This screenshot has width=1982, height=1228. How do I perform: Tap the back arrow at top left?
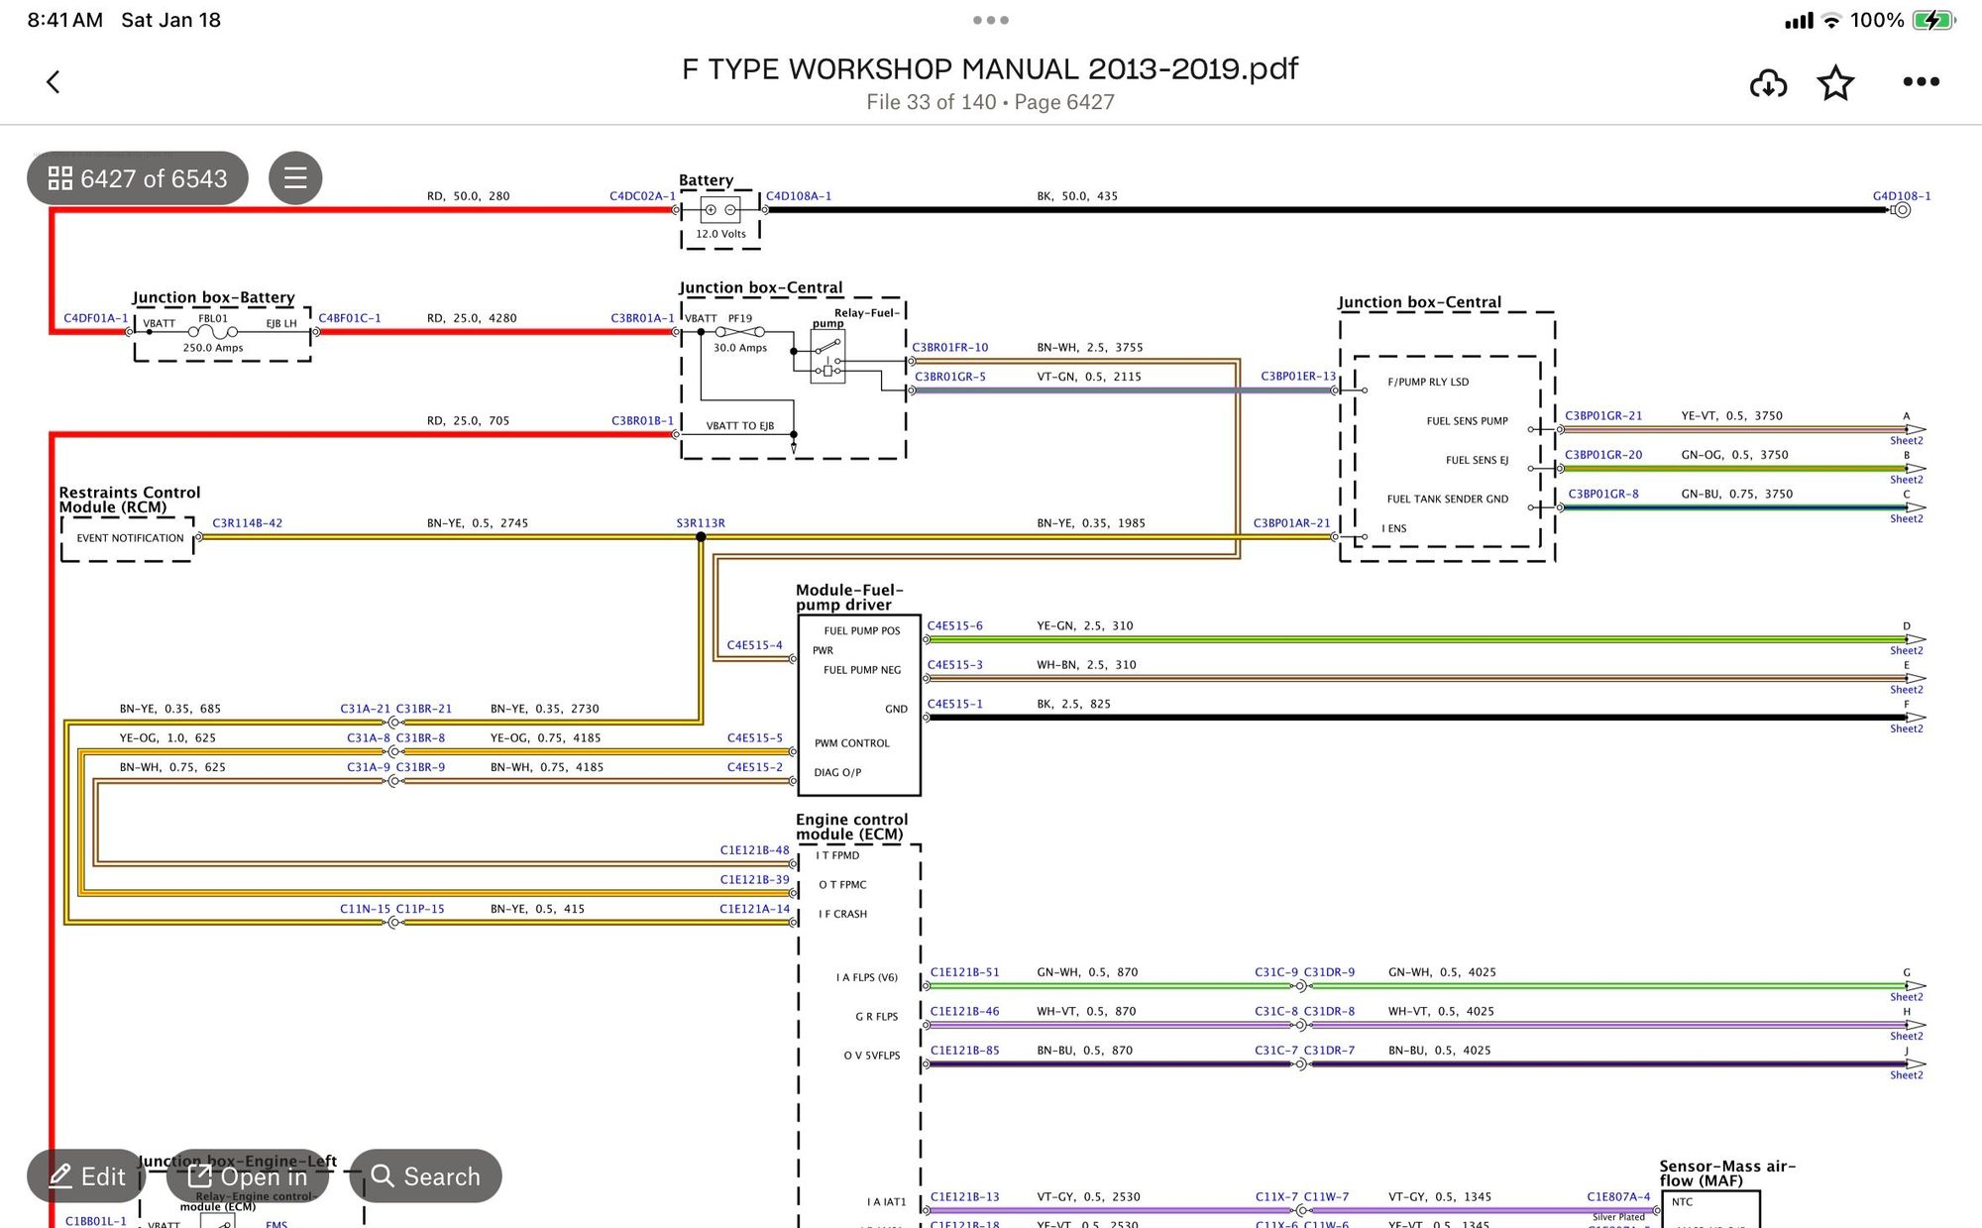pos(54,82)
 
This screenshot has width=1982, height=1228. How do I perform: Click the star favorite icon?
pos(1835,83)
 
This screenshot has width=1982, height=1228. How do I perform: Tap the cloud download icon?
pos(1768,83)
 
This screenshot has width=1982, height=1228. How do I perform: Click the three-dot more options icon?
pos(1921,82)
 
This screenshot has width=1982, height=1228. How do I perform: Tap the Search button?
pos(425,1176)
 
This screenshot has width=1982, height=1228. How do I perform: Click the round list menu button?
pos(295,178)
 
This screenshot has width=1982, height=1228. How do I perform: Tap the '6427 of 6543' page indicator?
pos(138,178)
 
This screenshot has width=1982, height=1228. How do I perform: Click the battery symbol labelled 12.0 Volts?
pos(720,210)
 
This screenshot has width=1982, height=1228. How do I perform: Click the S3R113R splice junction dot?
pos(701,537)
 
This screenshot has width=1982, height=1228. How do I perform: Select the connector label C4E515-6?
pos(954,625)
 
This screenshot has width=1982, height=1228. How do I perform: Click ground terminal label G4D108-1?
pos(1901,196)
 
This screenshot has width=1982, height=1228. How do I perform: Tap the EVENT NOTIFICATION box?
pos(130,538)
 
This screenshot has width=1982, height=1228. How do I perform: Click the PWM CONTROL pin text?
pos(851,743)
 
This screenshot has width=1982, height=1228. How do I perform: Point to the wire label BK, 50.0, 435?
pos(1077,196)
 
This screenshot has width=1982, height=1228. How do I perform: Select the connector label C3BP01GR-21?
pos(1602,416)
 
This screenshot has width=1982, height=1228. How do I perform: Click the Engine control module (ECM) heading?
pos(851,827)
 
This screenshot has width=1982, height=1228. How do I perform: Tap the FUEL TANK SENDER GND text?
pos(1447,500)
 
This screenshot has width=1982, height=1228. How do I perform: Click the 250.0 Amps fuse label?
pos(213,348)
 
